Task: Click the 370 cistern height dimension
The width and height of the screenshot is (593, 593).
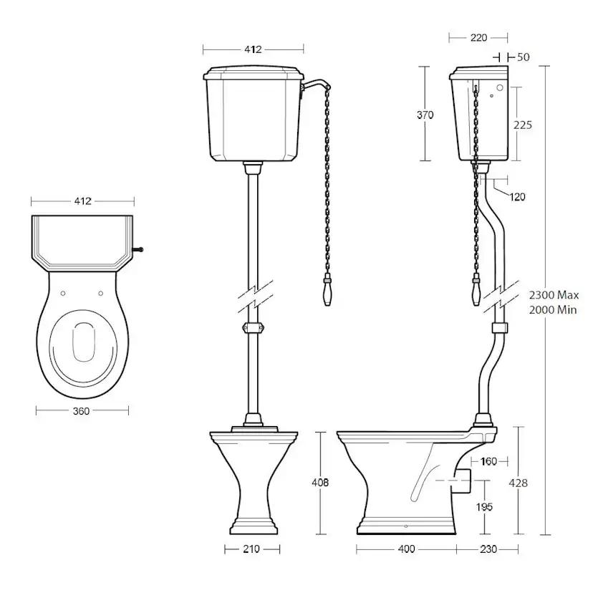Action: tap(425, 115)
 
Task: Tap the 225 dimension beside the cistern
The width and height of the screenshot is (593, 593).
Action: tap(523, 125)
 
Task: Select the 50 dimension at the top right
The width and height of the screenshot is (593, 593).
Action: tap(523, 57)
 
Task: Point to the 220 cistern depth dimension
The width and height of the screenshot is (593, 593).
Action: tap(478, 37)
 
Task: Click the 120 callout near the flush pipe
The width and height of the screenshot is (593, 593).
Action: tap(517, 197)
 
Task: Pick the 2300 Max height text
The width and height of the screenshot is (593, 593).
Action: tap(554, 294)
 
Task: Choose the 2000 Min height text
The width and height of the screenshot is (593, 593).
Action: tap(552, 310)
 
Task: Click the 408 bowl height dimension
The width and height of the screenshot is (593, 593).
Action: tap(320, 482)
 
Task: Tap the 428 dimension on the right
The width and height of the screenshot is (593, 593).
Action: tap(518, 483)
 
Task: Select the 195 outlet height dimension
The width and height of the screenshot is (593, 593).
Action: tap(484, 507)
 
